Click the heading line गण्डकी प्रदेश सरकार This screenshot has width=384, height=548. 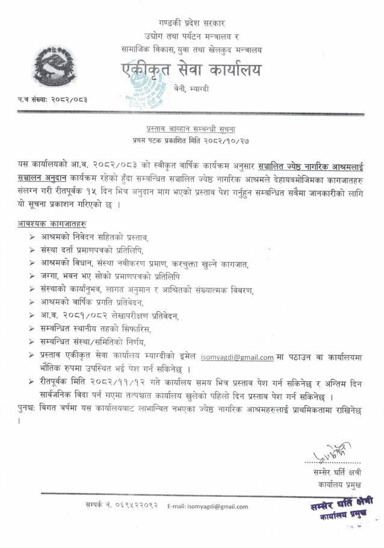click(191, 23)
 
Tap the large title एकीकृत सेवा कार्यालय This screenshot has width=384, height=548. click(192, 71)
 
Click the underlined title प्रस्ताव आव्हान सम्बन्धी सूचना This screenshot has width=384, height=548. click(191, 129)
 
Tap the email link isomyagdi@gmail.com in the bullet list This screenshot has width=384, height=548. click(237, 357)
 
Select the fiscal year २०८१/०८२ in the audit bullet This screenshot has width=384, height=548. click(75, 316)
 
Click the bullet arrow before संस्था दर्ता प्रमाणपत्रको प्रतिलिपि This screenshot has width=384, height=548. click(31, 250)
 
